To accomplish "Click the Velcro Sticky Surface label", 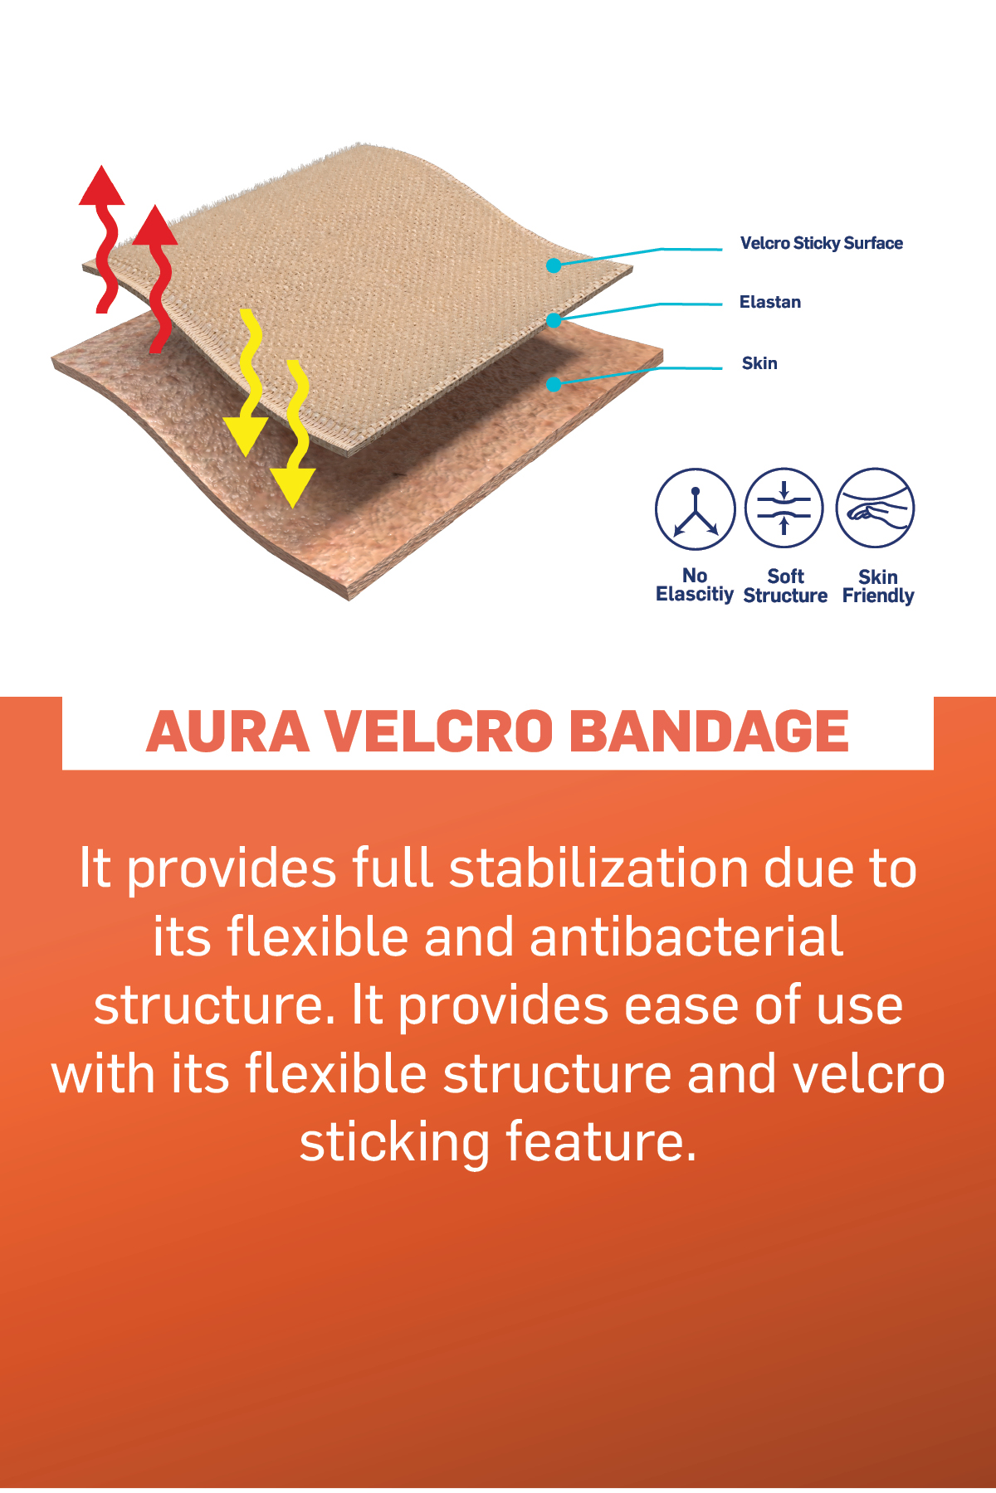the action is pos(821,243).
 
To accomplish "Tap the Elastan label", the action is pos(770,302).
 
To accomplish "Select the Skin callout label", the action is pos(759,363).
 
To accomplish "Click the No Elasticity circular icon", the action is pos(695,508).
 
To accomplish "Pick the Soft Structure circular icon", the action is pos(784,508).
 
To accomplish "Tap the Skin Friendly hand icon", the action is pos(875,508).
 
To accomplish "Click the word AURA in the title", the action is pos(227,732).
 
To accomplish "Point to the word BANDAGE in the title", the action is pos(710,732).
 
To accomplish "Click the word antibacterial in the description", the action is pos(686,937).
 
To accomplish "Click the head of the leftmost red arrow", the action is pos(101,185).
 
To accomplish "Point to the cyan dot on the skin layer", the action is pos(554,384).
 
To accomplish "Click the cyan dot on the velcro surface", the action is pos(554,265).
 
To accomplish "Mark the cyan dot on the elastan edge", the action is pos(554,320).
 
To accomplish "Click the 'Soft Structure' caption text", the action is pos(785,586).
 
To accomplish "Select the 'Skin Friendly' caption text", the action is pos(878,586).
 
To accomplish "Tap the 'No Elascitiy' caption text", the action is pos(695,585).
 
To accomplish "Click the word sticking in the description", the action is pos(395,1144).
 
